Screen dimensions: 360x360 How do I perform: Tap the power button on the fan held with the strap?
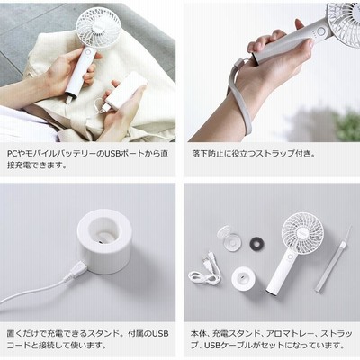(x=321, y=31)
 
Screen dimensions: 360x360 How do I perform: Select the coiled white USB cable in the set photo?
(x=205, y=269)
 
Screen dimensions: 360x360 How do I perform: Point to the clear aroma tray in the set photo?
(x=229, y=238)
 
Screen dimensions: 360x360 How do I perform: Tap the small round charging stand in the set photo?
(x=243, y=278)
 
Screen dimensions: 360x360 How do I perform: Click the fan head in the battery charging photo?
(x=98, y=28)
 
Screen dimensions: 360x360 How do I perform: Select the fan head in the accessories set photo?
(x=302, y=231)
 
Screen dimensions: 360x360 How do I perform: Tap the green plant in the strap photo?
(x=349, y=123)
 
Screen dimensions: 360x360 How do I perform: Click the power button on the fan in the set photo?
(x=290, y=256)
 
